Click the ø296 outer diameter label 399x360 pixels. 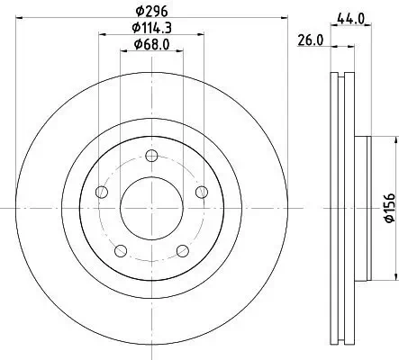(x=151, y=12)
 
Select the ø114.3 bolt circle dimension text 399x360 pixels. (x=151, y=28)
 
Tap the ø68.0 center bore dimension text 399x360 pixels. (x=151, y=44)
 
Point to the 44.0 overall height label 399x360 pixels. (x=350, y=19)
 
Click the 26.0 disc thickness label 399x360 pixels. (x=311, y=40)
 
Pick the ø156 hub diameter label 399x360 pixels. (x=390, y=208)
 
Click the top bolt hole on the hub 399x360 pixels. (x=151, y=156)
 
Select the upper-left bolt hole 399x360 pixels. (x=102, y=192)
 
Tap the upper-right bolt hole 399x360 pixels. (x=202, y=192)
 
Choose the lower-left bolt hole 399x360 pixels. (x=121, y=250)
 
